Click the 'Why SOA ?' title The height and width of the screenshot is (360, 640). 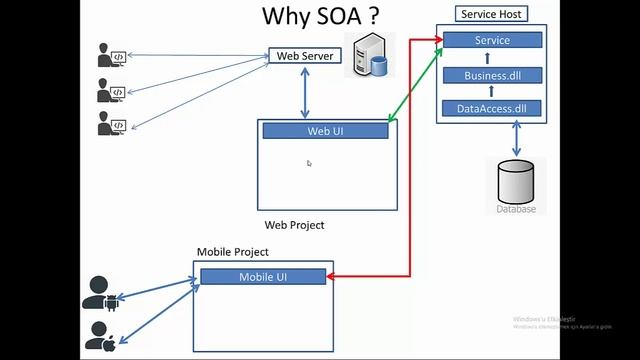click(320, 16)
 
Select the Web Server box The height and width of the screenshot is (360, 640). click(305, 55)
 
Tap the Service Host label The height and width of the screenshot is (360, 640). click(493, 14)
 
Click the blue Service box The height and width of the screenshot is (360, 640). click(492, 40)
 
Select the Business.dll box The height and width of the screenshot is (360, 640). click(492, 75)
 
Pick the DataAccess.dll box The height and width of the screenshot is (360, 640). click(492, 108)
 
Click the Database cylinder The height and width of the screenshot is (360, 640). click(516, 184)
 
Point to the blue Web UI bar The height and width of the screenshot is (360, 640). click(325, 131)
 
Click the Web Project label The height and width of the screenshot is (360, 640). click(294, 225)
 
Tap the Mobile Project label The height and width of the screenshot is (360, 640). click(232, 252)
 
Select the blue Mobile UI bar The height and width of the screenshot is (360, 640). click(263, 277)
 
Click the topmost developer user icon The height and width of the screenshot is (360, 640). click(110, 55)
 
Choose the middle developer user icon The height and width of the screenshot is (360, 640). click(110, 91)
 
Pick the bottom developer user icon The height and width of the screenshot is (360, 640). click(110, 125)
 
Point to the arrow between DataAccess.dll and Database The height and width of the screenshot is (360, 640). click(517, 138)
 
